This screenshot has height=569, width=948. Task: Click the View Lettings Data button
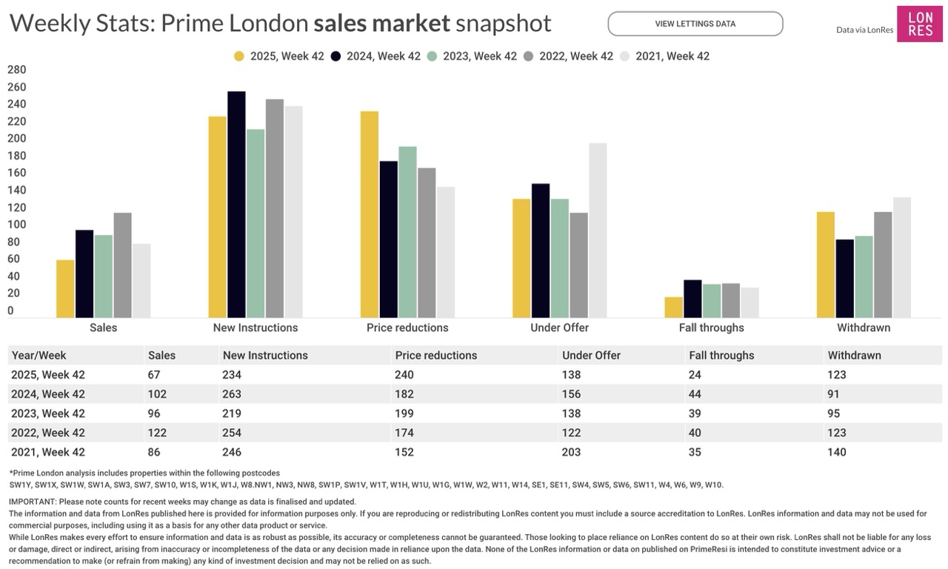coord(695,24)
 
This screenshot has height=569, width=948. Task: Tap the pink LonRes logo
coord(920,24)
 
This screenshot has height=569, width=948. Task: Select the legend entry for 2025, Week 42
coord(279,56)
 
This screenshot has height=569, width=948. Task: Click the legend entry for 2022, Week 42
coord(568,56)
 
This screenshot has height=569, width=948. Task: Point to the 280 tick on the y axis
coord(16,70)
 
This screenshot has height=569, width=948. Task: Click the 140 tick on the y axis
coord(16,190)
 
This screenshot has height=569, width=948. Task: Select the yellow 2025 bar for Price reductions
coord(370,215)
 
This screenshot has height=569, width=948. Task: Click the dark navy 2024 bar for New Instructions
coord(236,204)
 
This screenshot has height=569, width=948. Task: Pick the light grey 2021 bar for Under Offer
coord(598,230)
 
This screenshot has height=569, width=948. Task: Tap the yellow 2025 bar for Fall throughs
coord(673,307)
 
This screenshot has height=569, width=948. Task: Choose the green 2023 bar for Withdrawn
coord(864,277)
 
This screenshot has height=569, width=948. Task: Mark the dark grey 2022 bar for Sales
coord(122,265)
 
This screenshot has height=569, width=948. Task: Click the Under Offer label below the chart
coord(559,327)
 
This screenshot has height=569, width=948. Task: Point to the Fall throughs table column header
coord(721,356)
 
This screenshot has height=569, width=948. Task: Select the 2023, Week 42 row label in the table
coord(48,413)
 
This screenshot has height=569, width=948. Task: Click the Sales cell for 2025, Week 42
coord(154,375)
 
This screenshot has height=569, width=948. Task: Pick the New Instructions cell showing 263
coord(232,394)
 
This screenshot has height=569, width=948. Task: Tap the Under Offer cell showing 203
coord(571,452)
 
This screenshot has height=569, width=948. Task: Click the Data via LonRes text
coord(864,30)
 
